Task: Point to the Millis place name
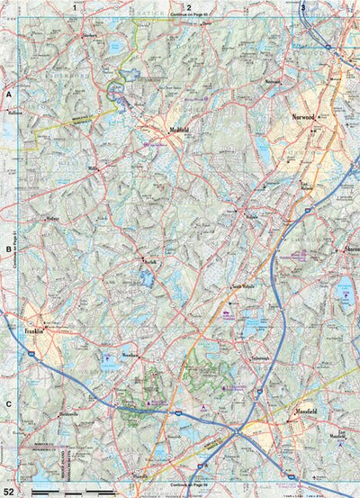pyautogui.click(x=93, y=168)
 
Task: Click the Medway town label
pyautogui.click(x=52, y=218)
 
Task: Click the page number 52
pyautogui.click(x=9, y=491)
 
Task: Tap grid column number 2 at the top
pyautogui.click(x=189, y=7)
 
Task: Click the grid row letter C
pyautogui.click(x=8, y=404)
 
